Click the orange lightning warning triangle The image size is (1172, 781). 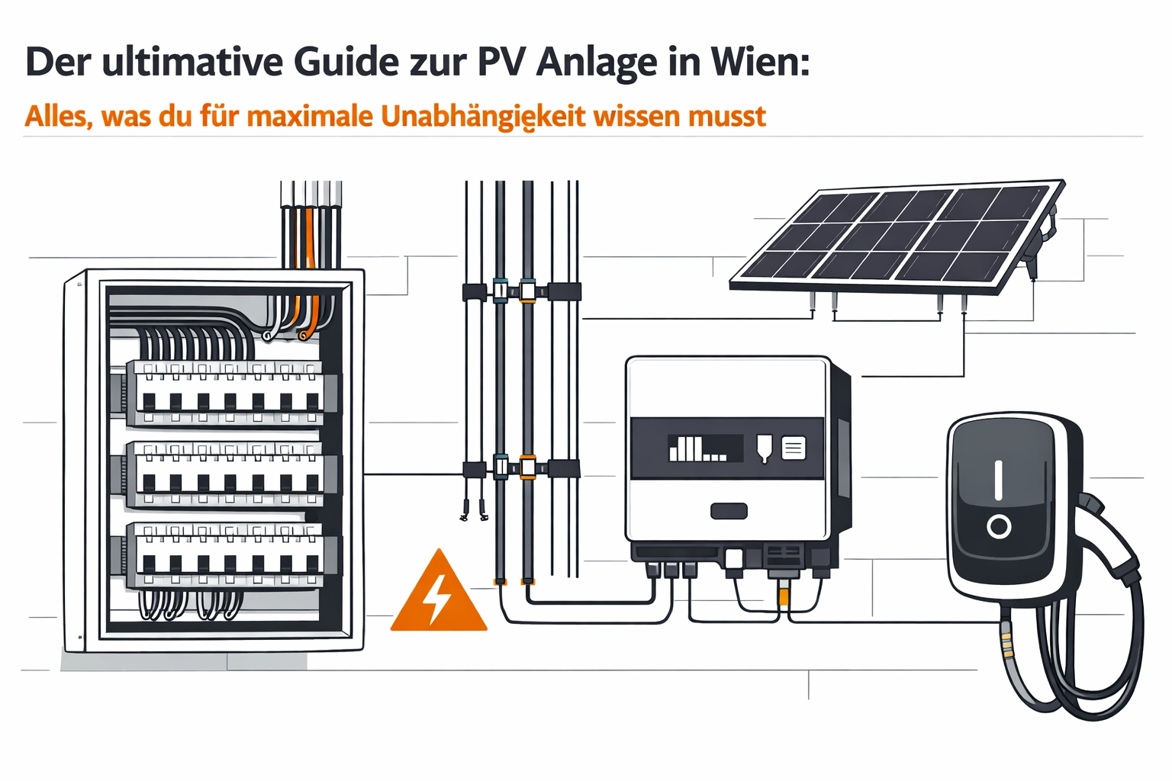pos(438,595)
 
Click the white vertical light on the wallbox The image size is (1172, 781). pos(998,480)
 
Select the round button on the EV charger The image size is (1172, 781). pos(998,526)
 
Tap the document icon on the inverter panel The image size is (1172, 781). pos(794,448)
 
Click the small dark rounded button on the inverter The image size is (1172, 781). pos(729,511)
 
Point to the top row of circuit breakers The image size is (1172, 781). pos(226,394)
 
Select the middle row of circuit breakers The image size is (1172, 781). pos(226,474)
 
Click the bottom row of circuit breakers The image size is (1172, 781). pos(226,555)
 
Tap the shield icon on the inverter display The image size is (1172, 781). pos(764,448)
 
